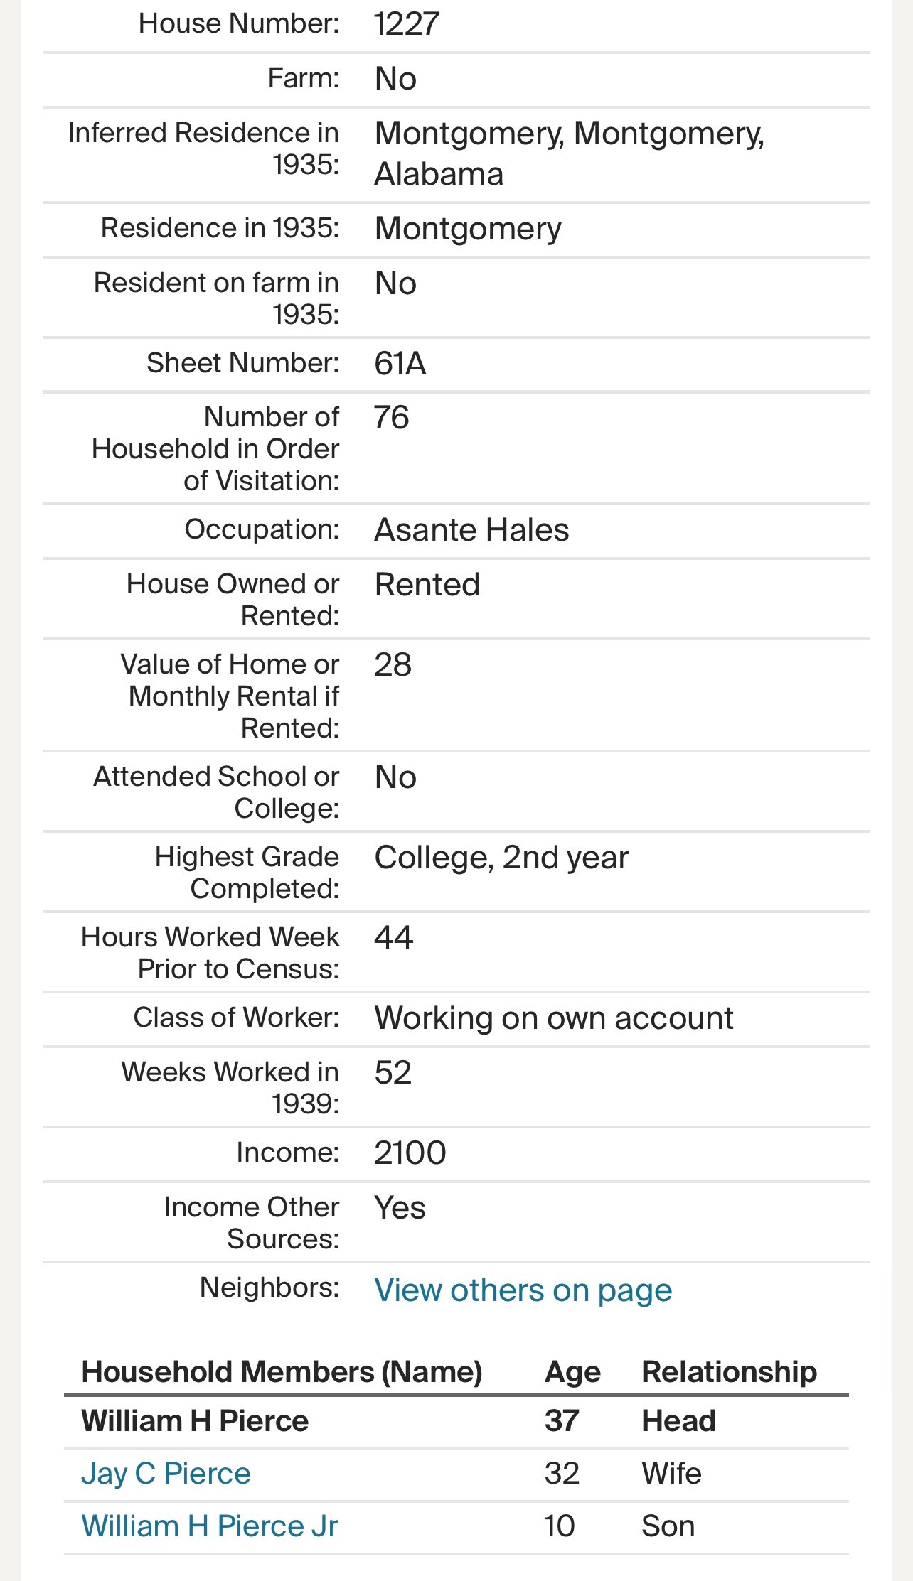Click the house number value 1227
coord(407,24)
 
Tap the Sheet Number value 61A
coord(400,364)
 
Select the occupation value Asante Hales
coord(471,530)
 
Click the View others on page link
coord(523,1290)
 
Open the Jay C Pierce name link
coord(166,1474)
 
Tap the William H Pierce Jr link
coord(210,1526)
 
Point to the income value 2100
coord(410,1153)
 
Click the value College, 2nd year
coord(501,858)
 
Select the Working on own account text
coord(553,1018)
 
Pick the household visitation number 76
coord(392,418)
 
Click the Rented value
coord(427,585)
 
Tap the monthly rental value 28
coord(393,665)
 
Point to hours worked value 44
coord(394,938)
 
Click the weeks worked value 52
coord(393,1073)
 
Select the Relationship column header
coord(729,1372)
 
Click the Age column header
coord(572,1372)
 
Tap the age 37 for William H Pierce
coord(562,1421)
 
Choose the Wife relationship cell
coord(671,1474)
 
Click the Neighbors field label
coord(269,1288)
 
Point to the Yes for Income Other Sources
coord(400,1208)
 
